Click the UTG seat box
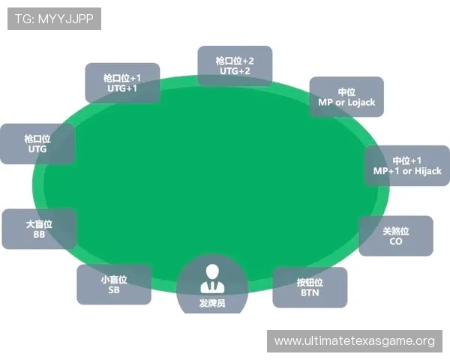tap(37, 144)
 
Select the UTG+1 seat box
tap(122, 83)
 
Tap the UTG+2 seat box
tap(235, 66)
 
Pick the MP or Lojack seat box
tap(346, 97)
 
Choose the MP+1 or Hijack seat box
tap(407, 165)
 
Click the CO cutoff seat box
tap(396, 235)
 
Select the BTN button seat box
tap(310, 287)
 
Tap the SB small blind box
tap(114, 284)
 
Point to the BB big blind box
tap(39, 229)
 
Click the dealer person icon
tap(212, 279)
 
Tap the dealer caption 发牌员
tap(212, 303)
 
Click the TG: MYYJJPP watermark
tap(54, 19)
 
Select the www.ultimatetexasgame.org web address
tap(355, 341)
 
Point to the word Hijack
tap(428, 171)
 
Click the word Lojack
tap(361, 103)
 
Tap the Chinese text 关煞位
tap(396, 231)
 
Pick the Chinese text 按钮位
tap(310, 283)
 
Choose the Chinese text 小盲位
tap(114, 280)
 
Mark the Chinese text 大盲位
tap(39, 224)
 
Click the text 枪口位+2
tap(235, 61)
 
